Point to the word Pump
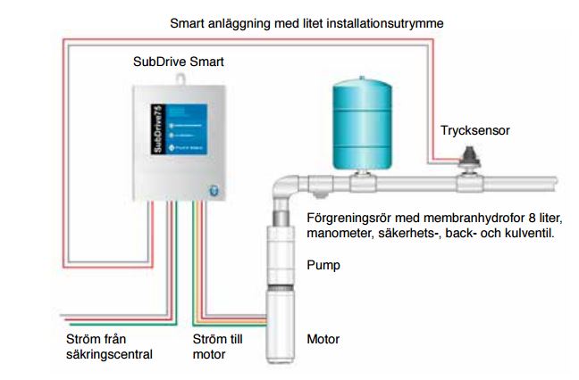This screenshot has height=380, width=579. (x=323, y=265)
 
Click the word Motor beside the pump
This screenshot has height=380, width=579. (x=323, y=340)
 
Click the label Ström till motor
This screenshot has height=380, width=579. (x=218, y=347)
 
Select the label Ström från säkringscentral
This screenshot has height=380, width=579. (x=105, y=347)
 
